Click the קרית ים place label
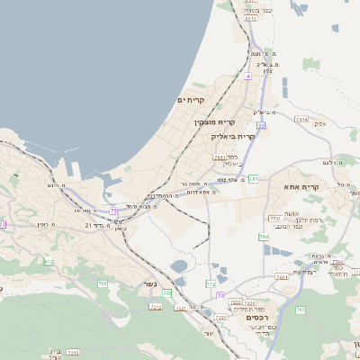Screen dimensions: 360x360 pyautogui.click(x=192, y=100)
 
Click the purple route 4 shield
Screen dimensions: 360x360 pyautogui.click(x=247, y=76)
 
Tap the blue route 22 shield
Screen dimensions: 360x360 pyautogui.click(x=260, y=127)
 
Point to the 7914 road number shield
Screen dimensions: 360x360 pyautogui.click(x=301, y=119)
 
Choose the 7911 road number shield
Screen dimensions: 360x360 pyautogui.click(x=220, y=157)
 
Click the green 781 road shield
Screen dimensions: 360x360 pyautogui.click(x=254, y=179)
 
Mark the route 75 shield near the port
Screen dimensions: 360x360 pyautogui.click(x=113, y=211)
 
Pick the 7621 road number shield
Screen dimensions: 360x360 pyautogui.click(x=282, y=277)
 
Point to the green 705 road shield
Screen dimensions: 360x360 pyautogui.click(x=103, y=283)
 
